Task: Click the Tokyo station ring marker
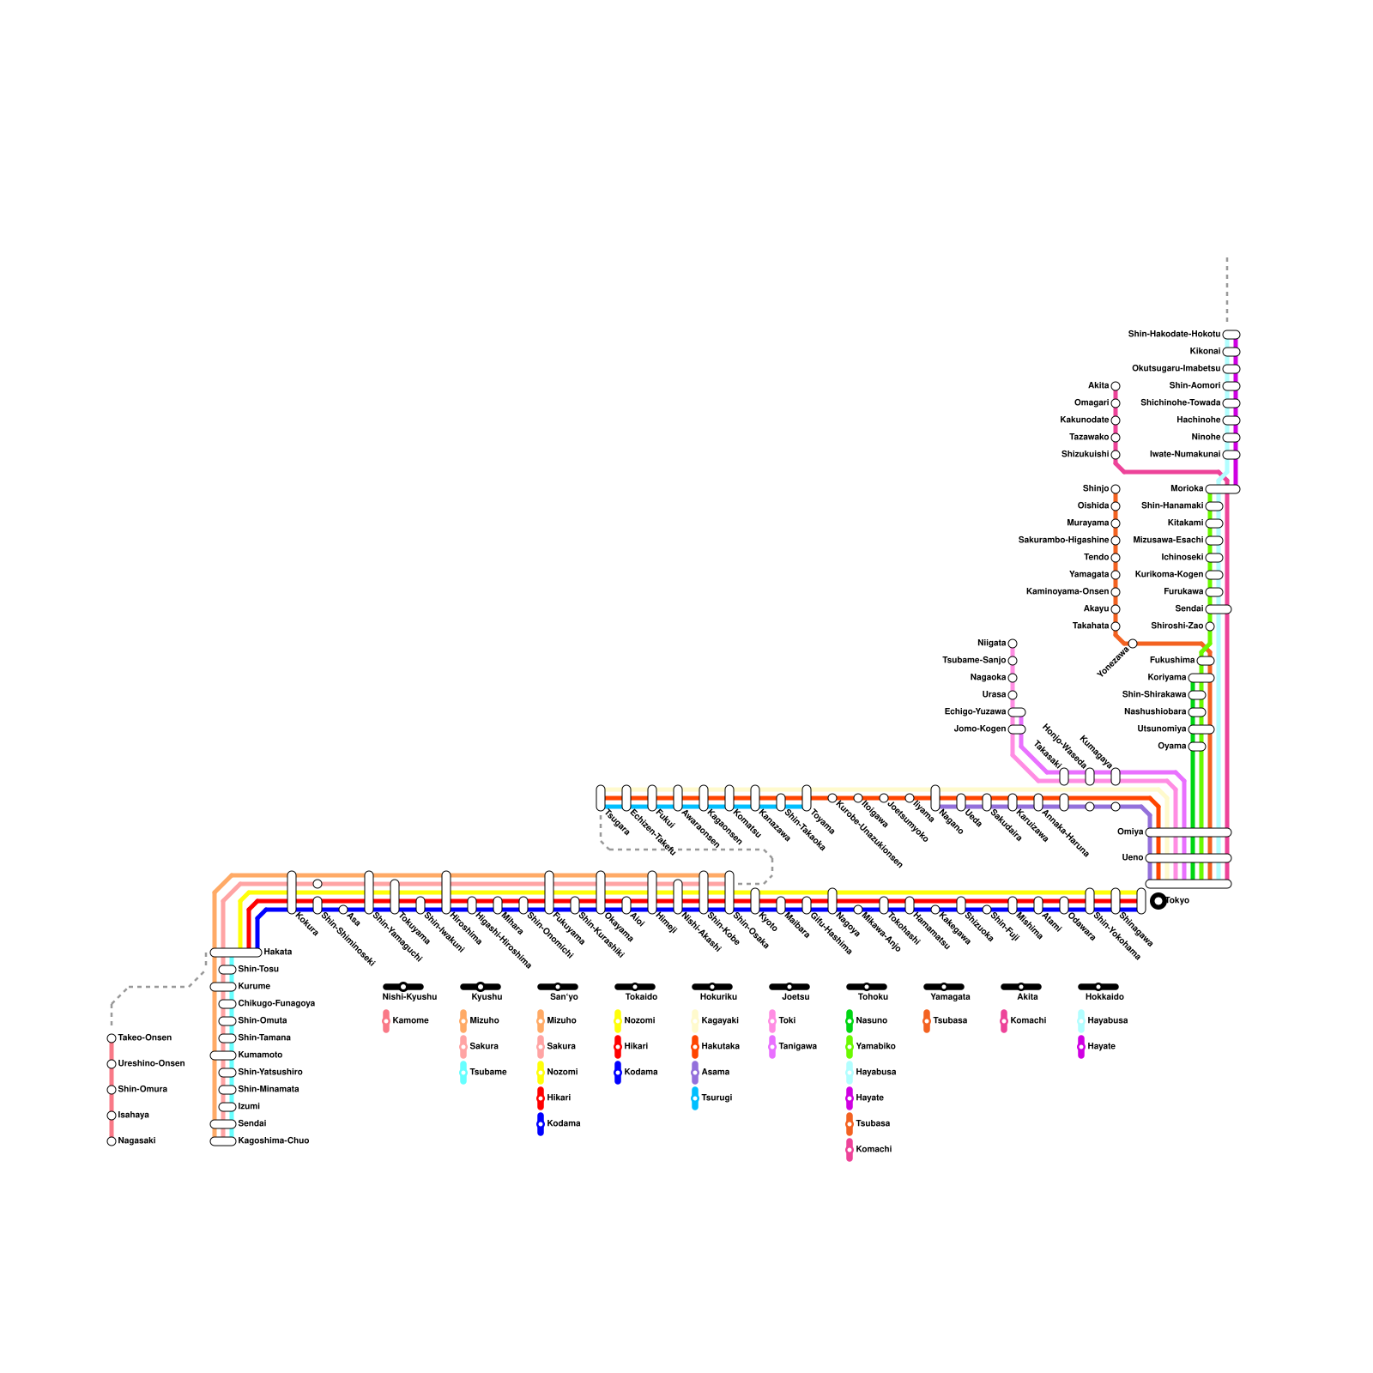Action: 1158,901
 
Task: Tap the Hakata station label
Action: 277,952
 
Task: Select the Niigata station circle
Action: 1013,644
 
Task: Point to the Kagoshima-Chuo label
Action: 273,1140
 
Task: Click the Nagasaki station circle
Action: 112,1141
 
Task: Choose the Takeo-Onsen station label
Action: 144,1037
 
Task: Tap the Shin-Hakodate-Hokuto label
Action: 1174,334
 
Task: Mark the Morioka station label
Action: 1187,488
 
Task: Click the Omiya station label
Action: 1130,832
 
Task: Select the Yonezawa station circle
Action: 1133,644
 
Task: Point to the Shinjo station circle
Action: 1116,489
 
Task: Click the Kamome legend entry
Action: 410,1020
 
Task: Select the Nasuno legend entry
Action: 871,1020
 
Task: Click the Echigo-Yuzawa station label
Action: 975,711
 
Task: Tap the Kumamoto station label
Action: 260,1055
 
